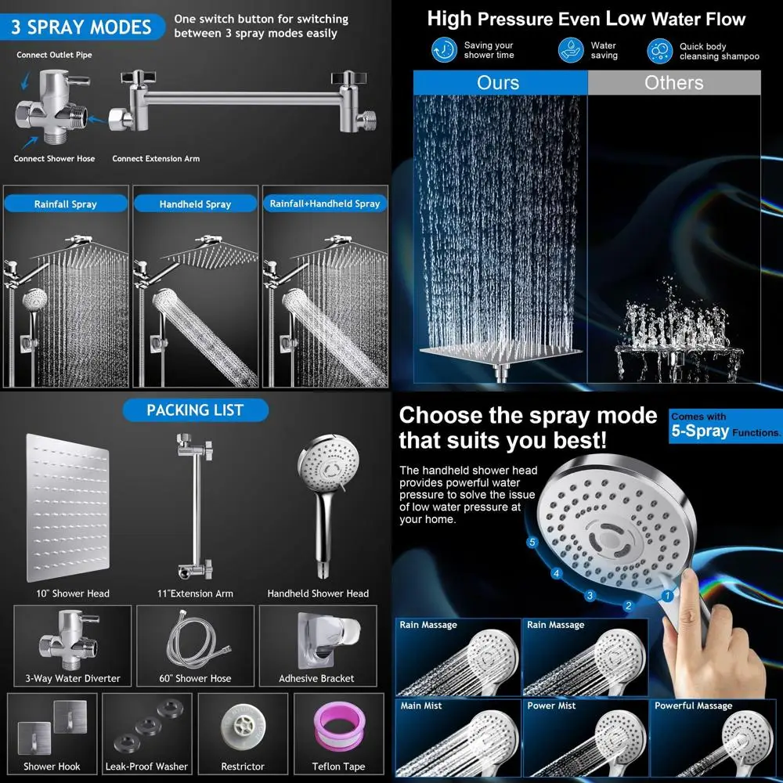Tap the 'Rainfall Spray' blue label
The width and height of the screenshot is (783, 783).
(66, 204)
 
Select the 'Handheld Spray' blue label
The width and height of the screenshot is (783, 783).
(195, 204)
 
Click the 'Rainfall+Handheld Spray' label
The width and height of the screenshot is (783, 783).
(325, 204)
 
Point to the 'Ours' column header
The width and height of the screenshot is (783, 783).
(498, 83)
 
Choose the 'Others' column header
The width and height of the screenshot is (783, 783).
(673, 83)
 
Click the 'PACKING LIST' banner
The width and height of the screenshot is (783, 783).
(195, 410)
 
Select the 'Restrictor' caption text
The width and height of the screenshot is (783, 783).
(243, 767)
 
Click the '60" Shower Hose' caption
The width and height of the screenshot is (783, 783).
(195, 678)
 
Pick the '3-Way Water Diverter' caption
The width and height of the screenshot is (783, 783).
(73, 678)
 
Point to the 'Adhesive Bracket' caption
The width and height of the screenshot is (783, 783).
(316, 678)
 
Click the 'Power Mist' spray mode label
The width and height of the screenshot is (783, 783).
(552, 705)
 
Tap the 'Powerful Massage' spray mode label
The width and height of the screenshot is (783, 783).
(686, 705)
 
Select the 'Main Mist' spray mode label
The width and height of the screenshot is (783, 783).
(421, 705)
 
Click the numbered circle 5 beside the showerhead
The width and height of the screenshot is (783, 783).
(532, 542)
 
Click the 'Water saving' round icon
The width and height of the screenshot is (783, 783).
(571, 51)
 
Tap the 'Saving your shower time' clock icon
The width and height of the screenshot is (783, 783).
(444, 51)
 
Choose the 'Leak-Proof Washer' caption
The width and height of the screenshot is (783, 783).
(146, 767)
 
